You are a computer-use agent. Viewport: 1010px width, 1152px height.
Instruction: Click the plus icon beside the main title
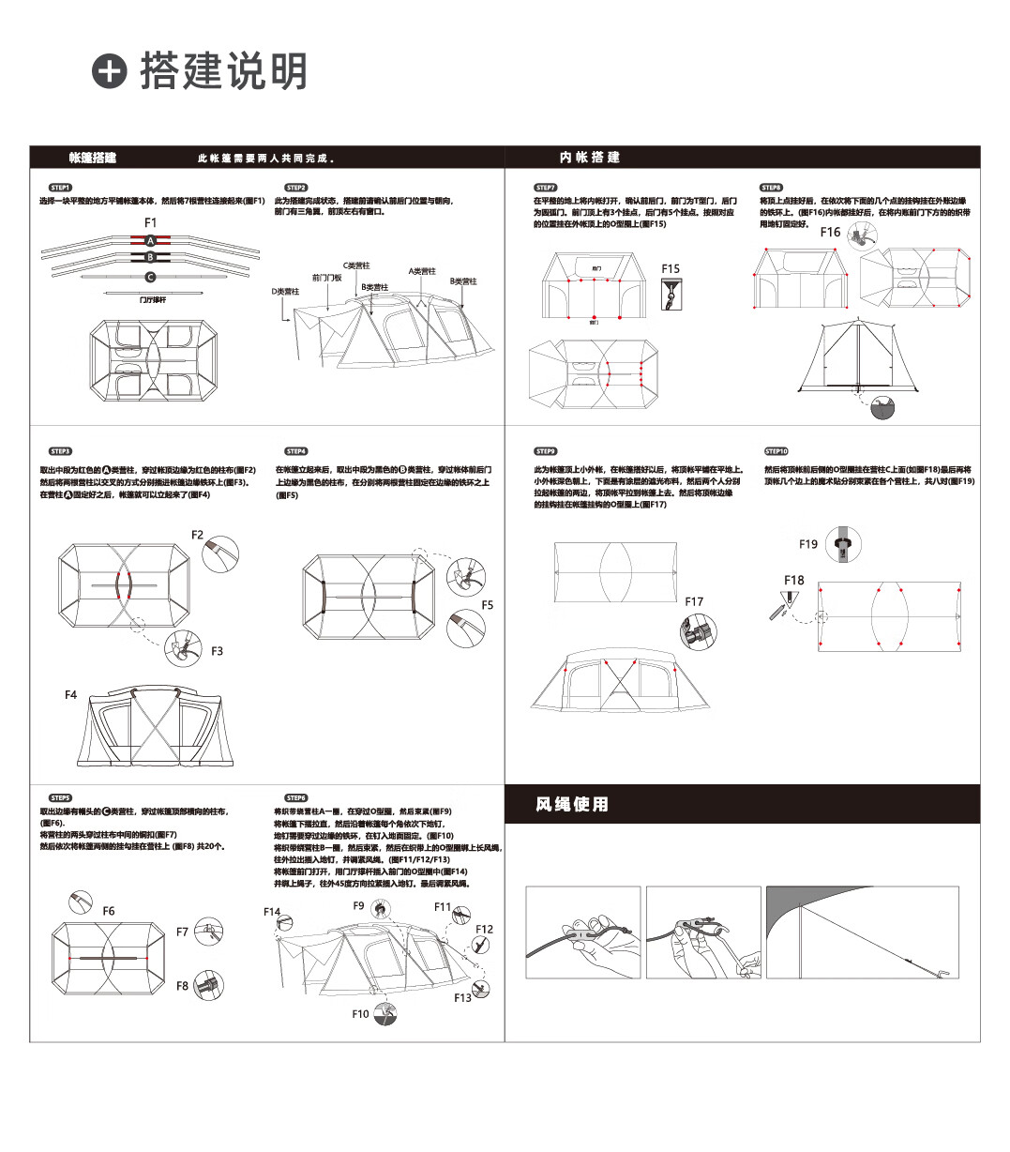(110, 71)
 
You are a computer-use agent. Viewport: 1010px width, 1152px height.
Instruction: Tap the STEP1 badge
(61, 188)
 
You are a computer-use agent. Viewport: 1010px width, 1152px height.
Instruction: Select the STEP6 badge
(296, 798)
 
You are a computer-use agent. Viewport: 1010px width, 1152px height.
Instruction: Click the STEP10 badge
(776, 451)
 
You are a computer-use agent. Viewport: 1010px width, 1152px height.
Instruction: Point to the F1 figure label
(151, 222)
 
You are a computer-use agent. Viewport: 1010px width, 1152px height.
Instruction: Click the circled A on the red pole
(150, 241)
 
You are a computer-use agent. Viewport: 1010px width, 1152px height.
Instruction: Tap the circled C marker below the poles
(150, 277)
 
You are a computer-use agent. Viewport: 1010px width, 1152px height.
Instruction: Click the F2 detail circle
(220, 554)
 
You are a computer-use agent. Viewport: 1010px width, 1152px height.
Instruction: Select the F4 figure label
(71, 695)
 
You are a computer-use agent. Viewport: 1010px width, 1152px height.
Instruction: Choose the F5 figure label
(488, 605)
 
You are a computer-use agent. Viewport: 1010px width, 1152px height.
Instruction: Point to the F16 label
(831, 232)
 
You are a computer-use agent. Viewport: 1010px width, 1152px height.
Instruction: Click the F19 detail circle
(844, 543)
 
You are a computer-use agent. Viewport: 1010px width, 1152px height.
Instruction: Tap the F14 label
(272, 912)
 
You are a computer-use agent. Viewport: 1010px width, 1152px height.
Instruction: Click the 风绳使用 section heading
(572, 805)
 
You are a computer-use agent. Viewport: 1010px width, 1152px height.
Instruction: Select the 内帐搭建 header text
(590, 158)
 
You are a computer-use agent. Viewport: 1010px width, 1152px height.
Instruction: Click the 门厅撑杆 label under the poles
(153, 299)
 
